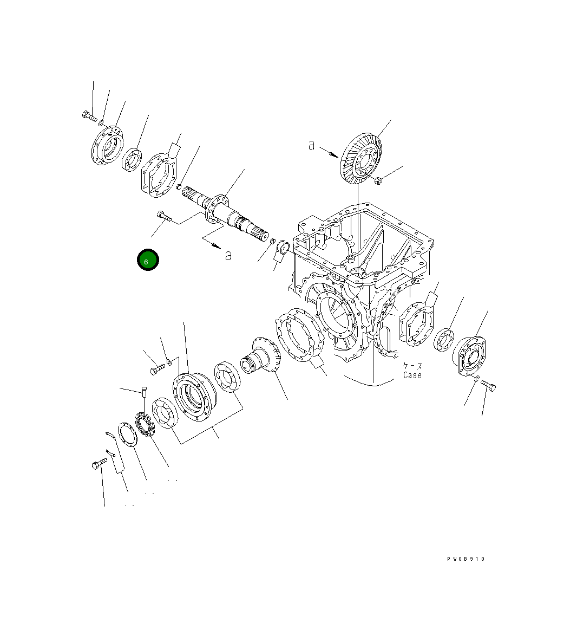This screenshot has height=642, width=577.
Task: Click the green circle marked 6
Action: [x=147, y=260]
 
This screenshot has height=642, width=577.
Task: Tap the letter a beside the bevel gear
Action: [x=312, y=145]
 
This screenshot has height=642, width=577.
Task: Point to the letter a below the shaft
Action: [x=228, y=255]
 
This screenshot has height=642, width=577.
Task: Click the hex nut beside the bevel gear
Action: [x=378, y=180]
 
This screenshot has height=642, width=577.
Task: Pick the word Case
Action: [x=412, y=375]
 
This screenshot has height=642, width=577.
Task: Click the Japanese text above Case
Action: [x=412, y=366]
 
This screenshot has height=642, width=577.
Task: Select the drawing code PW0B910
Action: [x=465, y=559]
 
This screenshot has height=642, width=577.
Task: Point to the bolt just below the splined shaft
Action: [x=163, y=216]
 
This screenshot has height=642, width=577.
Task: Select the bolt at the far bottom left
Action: [x=97, y=464]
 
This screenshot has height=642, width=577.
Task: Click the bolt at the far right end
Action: [x=488, y=386]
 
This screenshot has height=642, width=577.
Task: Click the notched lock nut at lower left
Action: [x=145, y=423]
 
